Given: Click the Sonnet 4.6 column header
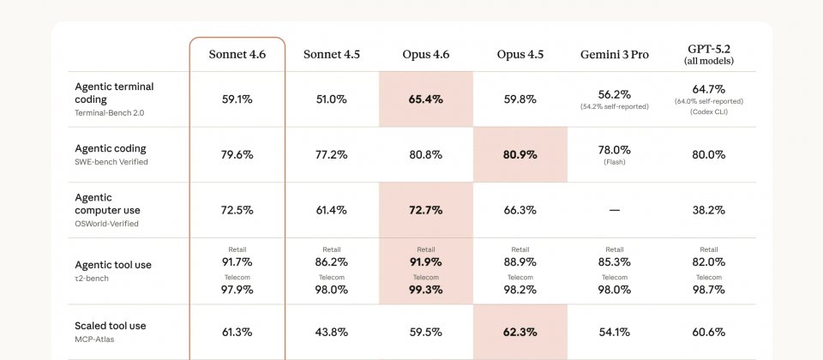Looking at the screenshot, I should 237,54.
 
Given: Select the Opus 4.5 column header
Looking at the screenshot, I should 520,54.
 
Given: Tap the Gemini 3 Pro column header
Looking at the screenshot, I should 614,54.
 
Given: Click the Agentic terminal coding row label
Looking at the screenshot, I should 114,93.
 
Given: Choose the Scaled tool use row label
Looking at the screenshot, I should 110,326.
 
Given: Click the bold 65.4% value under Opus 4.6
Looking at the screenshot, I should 425,99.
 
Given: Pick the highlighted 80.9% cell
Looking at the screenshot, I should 520,155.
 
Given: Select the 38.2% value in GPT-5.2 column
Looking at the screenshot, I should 708,210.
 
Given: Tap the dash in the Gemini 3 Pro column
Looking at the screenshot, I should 614,210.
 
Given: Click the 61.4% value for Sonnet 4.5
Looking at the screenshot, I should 331,210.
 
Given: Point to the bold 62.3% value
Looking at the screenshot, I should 520,332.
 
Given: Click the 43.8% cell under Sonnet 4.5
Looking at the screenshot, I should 331,332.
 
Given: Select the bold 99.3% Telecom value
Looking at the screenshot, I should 425,290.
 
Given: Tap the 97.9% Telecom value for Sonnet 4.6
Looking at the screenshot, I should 237,290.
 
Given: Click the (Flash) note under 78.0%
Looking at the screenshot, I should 614,162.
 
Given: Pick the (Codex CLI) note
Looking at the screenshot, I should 708,111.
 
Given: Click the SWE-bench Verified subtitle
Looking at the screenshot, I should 111,162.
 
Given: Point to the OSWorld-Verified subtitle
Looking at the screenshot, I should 106,224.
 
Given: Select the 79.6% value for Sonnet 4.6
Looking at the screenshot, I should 237,155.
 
